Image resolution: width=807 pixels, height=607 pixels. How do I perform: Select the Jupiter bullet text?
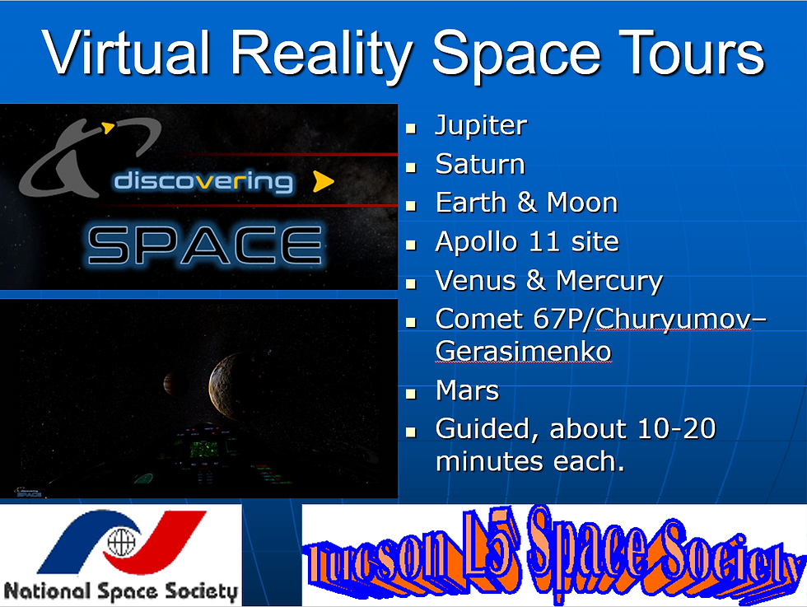coord(481,126)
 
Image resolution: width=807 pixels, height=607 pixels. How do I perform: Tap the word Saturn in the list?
coord(480,164)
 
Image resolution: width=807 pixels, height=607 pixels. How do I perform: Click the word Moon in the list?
coord(582,203)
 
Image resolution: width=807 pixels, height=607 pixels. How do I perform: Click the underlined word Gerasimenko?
coord(523,352)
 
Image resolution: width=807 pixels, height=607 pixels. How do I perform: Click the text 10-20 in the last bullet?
coord(677,428)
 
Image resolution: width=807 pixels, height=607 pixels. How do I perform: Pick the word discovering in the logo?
coord(203,181)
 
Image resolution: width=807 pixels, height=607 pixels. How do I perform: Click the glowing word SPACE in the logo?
coord(204,245)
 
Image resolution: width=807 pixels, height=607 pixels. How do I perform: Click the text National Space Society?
coord(121,591)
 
